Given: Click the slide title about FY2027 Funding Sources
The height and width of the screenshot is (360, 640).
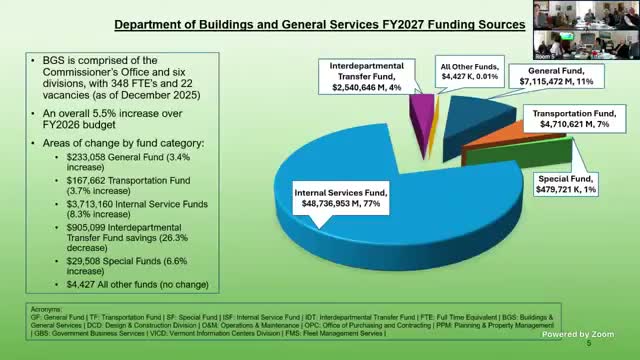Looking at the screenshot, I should click(319, 22).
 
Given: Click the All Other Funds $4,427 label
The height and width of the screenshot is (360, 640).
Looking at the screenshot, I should click(465, 73).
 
